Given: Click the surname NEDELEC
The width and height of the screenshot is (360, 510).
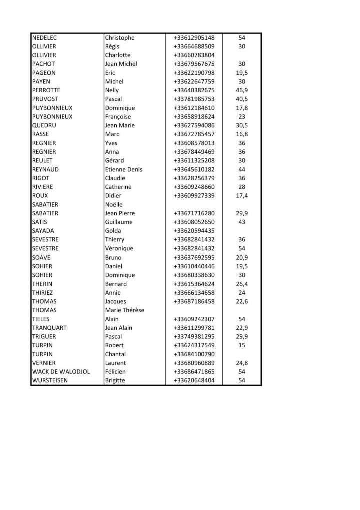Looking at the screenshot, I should [x=45, y=38].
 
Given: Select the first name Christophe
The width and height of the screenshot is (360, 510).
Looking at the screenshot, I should [x=120, y=38].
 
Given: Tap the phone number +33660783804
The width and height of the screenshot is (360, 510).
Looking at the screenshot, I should [x=194, y=55].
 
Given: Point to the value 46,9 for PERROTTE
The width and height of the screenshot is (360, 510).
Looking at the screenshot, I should [x=242, y=90].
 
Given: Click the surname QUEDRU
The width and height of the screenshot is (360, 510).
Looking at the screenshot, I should [x=43, y=125].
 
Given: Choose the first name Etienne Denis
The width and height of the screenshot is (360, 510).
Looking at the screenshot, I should [x=124, y=169].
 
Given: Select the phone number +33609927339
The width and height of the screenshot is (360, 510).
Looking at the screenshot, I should [x=194, y=195].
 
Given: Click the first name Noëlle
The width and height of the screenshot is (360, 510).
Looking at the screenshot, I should [x=114, y=204].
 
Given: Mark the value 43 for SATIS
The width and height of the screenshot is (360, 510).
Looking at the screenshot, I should [x=242, y=222].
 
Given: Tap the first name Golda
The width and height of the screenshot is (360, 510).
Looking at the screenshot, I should [x=113, y=231].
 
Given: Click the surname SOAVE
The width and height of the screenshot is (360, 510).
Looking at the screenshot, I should [x=41, y=258].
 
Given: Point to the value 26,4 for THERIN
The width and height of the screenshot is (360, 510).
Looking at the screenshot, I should [x=242, y=284].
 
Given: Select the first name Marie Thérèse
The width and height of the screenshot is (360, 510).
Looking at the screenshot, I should [x=125, y=310].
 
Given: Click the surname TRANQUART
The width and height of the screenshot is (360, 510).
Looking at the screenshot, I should [x=49, y=328].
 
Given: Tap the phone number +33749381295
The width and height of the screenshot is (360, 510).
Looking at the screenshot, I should [x=194, y=336].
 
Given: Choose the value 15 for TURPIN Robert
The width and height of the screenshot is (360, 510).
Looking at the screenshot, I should [x=242, y=345].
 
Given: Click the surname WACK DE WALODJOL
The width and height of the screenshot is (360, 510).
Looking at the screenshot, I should [x=61, y=372].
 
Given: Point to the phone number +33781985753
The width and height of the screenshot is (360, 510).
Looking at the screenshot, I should [x=194, y=99].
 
